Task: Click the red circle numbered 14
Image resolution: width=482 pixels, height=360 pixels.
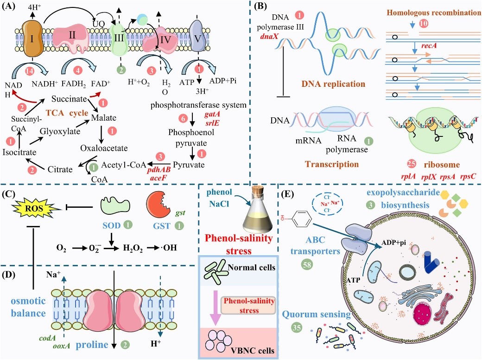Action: [x=30, y=71]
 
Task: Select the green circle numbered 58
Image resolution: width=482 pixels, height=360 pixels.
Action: [x=307, y=264]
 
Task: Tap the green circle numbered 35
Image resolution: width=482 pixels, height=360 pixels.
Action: [x=296, y=328]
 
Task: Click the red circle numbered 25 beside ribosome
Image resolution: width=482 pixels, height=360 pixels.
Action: [x=411, y=164]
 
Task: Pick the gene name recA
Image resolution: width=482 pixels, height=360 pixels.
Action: [x=429, y=46]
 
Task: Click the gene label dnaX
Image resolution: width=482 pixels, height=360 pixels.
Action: [x=269, y=36]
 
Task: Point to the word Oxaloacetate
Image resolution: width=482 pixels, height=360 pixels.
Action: [x=104, y=148]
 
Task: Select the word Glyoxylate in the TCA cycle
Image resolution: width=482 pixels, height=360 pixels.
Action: [x=60, y=131]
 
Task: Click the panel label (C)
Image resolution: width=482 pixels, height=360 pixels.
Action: [x=8, y=194]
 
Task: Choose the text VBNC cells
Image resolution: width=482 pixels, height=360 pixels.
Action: [x=253, y=350]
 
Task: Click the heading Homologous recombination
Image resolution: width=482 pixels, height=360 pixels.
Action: [x=434, y=13]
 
